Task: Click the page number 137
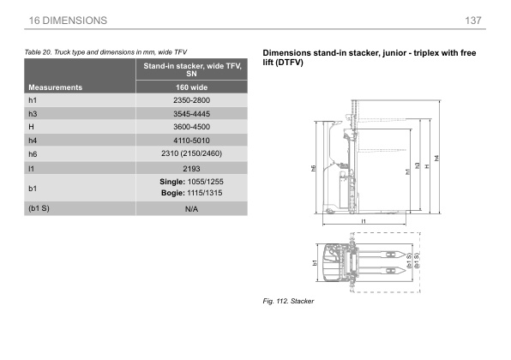pos(473,21)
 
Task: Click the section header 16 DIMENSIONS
pos(68,21)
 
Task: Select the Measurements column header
pos(55,87)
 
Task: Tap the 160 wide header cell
pos(192,87)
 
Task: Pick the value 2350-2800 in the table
pos(192,100)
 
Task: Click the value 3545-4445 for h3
pos(192,114)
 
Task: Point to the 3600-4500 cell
pos(192,127)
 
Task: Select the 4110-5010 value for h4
pos(192,141)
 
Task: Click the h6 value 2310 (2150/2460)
pos(192,153)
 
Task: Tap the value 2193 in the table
pos(192,169)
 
